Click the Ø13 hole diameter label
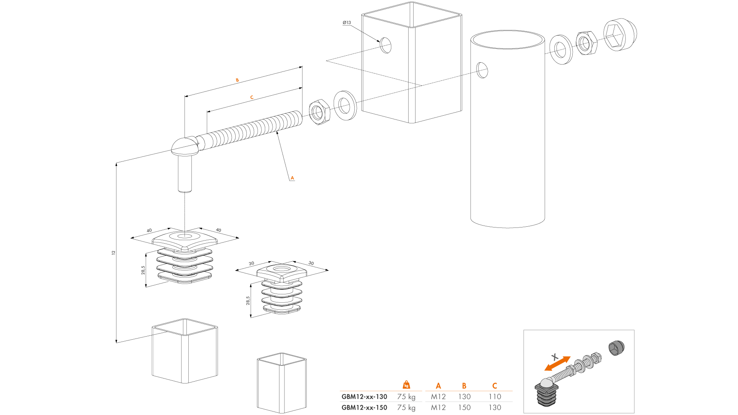[347, 23]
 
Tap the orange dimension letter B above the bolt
[237, 80]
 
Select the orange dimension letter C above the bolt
[252, 98]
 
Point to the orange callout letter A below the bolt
[292, 178]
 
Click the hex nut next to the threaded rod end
[319, 112]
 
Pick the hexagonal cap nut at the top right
[619, 35]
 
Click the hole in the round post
[482, 70]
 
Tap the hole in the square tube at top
[386, 45]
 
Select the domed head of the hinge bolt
[184, 146]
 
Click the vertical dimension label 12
[113, 252]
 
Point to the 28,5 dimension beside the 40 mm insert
[143, 270]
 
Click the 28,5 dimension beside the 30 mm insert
[248, 300]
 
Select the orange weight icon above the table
[406, 385]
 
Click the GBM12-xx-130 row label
[364, 397]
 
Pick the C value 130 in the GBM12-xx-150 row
[495, 407]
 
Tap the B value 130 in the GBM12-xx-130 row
[464, 397]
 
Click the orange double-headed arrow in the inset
[557, 364]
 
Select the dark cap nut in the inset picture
[617, 348]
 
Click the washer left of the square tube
[345, 105]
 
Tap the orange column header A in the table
[438, 386]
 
